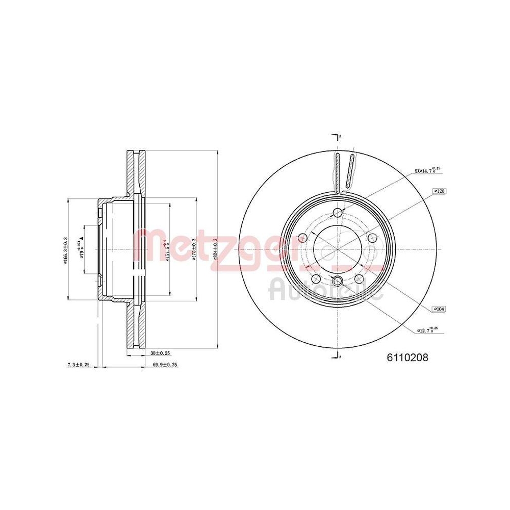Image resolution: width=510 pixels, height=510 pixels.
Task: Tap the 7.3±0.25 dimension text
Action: pos(79,365)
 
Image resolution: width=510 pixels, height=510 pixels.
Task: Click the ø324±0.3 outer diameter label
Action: pos(216,249)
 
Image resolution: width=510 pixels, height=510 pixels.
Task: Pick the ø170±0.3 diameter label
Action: pos(195,249)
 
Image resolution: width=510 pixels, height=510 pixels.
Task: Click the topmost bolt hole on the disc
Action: pos(337,213)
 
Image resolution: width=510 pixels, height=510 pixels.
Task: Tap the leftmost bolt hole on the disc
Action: pos(302,237)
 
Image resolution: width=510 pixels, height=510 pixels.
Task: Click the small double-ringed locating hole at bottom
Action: pos(337,280)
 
